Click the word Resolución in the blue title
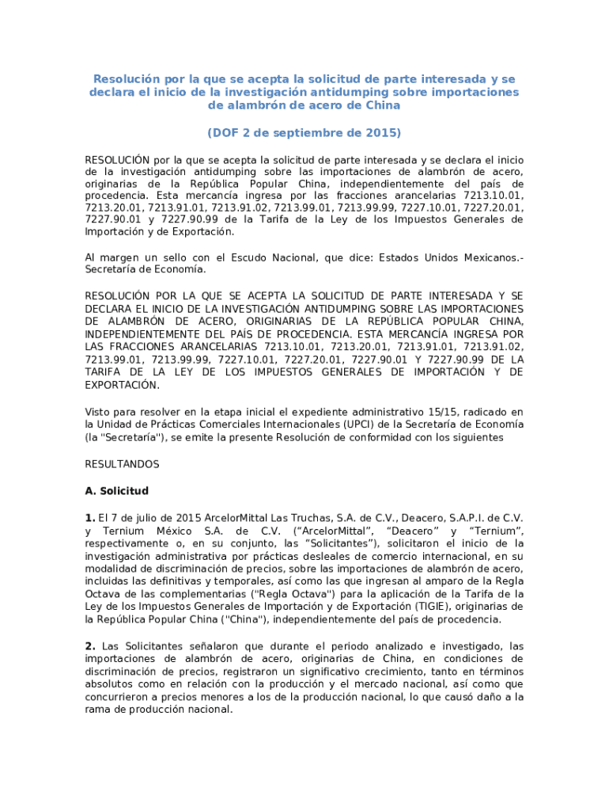(127, 79)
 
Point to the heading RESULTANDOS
(122, 464)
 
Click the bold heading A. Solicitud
(116, 491)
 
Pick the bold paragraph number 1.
(89, 518)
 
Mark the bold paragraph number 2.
(89, 646)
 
